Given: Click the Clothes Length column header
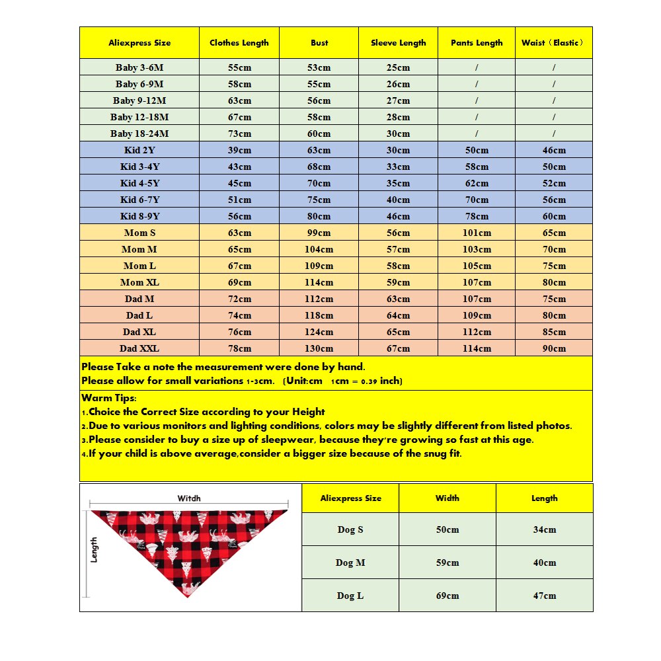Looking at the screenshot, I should pyautogui.click(x=239, y=43).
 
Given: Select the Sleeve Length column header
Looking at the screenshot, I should pyautogui.click(x=398, y=43).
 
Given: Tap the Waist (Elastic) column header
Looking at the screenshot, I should pyautogui.click(x=553, y=43).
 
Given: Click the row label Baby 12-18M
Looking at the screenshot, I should pyautogui.click(x=139, y=117).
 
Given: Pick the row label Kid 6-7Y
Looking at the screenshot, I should pyautogui.click(x=139, y=200).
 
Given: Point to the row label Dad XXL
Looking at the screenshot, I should pyautogui.click(x=139, y=348).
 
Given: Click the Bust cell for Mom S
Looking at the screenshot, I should pyautogui.click(x=319, y=233).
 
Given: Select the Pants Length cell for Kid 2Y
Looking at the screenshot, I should pyautogui.click(x=477, y=150).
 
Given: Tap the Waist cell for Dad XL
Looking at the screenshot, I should pyautogui.click(x=554, y=332).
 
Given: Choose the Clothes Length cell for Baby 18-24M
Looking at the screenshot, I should pyautogui.click(x=239, y=134).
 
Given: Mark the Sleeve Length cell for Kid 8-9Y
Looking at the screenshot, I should pyautogui.click(x=398, y=216).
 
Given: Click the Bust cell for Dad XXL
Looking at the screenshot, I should pyautogui.click(x=319, y=348).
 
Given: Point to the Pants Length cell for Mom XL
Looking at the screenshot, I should pyautogui.click(x=477, y=282).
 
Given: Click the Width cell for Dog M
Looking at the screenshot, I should pyautogui.click(x=447, y=563).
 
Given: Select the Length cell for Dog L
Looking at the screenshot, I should pyautogui.click(x=544, y=596).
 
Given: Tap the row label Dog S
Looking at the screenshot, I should pyautogui.click(x=350, y=529).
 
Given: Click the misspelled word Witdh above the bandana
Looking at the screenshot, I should pyautogui.click(x=189, y=498).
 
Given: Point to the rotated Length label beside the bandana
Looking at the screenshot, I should pyautogui.click(x=95, y=549).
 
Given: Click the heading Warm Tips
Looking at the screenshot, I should pyautogui.click(x=109, y=399).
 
